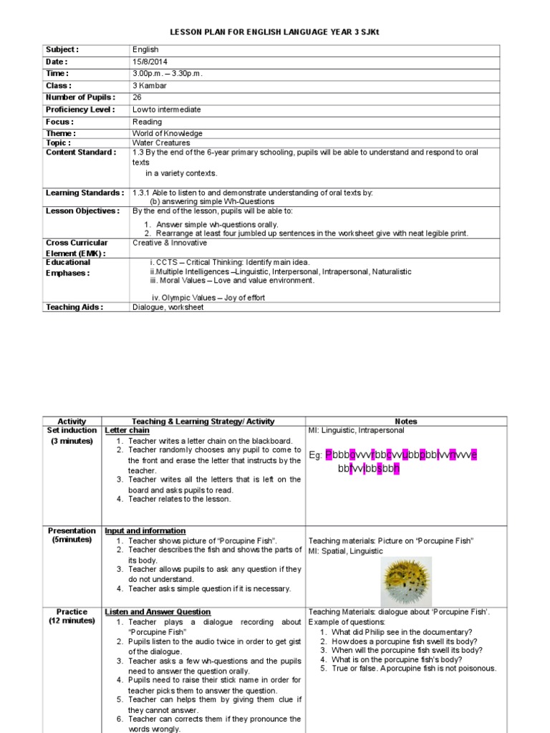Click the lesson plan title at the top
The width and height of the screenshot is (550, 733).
click(x=275, y=32)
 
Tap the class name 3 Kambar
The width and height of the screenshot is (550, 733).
click(x=150, y=85)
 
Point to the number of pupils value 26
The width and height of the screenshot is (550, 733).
click(x=137, y=97)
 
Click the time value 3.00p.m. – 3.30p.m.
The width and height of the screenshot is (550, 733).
click(x=167, y=74)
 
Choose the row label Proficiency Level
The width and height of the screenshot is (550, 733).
click(x=79, y=110)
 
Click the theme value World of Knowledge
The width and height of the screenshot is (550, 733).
click(x=168, y=133)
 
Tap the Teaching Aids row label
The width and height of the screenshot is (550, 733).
click(x=74, y=307)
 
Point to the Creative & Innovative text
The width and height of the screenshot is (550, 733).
click(x=168, y=243)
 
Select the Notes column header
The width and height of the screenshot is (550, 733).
click(x=405, y=422)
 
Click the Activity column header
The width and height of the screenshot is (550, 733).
click(x=72, y=422)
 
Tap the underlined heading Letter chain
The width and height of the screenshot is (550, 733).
click(x=127, y=431)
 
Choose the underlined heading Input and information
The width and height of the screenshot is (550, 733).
click(x=145, y=531)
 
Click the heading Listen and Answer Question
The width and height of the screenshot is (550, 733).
click(x=158, y=612)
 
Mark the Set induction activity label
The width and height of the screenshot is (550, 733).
click(x=72, y=431)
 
